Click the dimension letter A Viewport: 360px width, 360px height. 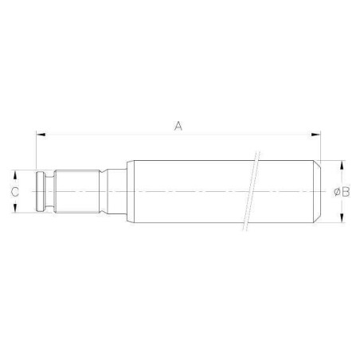[x=178, y=125]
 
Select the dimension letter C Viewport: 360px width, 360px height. [x=14, y=191]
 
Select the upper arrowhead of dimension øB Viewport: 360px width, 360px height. [x=341, y=166]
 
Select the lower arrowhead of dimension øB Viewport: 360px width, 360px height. [x=341, y=217]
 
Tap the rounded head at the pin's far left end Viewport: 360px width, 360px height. [x=41, y=191]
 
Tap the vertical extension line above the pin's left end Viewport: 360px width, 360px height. [x=37, y=151]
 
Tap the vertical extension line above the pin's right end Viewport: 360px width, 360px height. [x=321, y=147]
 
